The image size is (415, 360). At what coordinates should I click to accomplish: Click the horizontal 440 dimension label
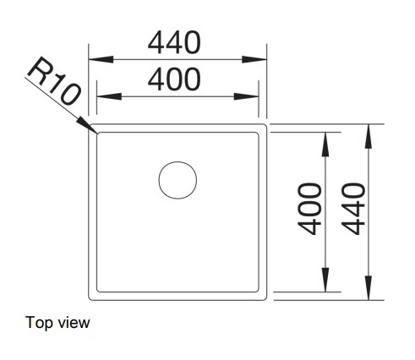(x=174, y=42)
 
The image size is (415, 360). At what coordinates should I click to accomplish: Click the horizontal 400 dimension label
(x=174, y=79)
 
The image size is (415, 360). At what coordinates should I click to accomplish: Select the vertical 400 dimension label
(x=309, y=209)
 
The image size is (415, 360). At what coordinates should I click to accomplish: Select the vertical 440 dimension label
(x=353, y=209)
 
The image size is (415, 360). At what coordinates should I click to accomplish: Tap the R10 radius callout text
(x=53, y=80)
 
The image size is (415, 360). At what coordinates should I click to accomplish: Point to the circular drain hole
(x=177, y=180)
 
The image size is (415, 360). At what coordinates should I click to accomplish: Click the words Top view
(x=57, y=323)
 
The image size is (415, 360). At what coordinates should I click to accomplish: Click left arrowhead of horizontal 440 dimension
(x=101, y=59)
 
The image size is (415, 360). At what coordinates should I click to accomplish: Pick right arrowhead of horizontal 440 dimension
(x=254, y=59)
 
